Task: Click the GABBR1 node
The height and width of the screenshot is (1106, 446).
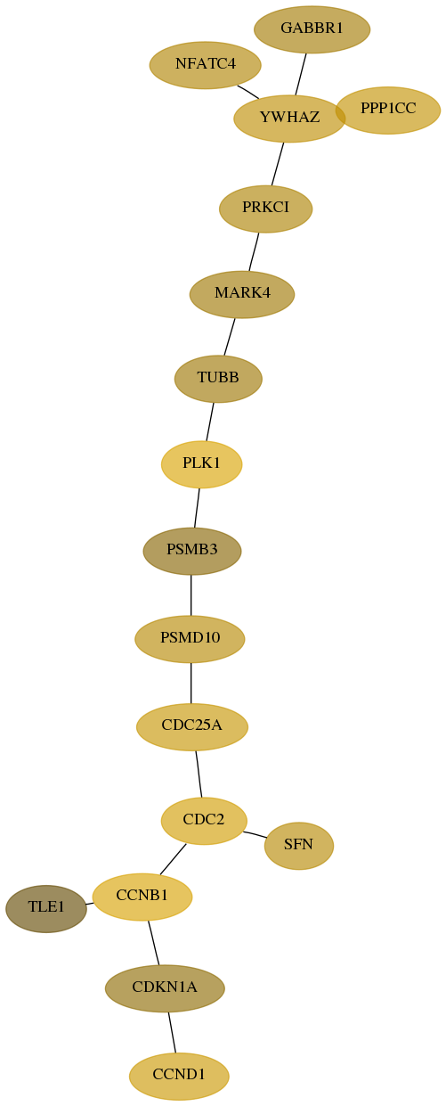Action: point(312,29)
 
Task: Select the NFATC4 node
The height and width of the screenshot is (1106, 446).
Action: point(206,65)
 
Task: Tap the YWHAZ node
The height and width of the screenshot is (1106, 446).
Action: point(289,119)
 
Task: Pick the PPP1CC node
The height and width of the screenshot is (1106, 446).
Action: point(388,111)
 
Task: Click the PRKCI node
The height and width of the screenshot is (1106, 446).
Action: point(266,209)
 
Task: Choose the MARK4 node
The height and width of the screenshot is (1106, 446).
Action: point(242,294)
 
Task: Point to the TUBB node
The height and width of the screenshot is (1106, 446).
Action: point(218,379)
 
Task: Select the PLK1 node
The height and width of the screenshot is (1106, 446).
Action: point(201,464)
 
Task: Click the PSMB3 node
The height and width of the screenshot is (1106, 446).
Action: point(192,551)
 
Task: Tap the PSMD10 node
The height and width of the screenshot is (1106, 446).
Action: point(190,639)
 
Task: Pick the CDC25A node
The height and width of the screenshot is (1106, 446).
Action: point(192,727)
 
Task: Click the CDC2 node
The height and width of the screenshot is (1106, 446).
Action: point(204,821)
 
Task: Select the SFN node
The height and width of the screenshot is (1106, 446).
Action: point(299,846)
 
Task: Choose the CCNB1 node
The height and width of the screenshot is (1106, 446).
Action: point(142,897)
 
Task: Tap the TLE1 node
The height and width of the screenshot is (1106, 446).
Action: point(46,908)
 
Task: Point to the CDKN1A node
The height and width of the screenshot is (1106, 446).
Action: point(165,988)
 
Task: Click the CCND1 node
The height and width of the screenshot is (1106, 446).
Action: point(179,1077)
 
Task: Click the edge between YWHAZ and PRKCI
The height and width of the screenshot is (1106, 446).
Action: point(277,164)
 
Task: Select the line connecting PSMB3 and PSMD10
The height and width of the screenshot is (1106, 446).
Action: point(191,595)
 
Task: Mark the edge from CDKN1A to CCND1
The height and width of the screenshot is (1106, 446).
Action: point(172,1032)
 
